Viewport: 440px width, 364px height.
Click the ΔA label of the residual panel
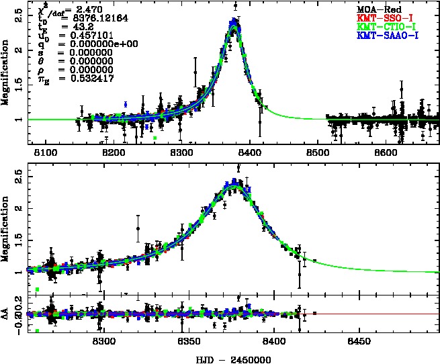point(7,314)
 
